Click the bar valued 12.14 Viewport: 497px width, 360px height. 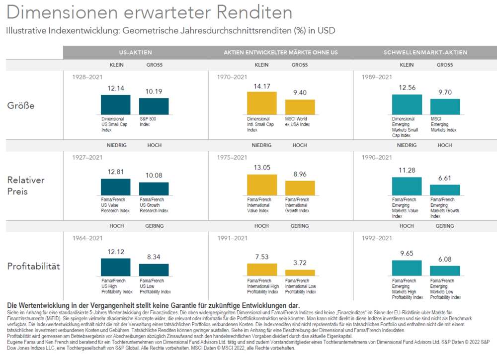tap(115, 104)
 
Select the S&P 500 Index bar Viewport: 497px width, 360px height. tap(154, 106)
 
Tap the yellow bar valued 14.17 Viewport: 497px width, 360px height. tap(261, 103)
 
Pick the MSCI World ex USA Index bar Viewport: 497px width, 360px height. tap(300, 107)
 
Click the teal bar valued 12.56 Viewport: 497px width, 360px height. tap(407, 104)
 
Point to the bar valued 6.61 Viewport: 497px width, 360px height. tap(445, 189)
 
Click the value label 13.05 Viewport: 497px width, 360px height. tap(261, 168)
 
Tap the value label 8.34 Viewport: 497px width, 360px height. tap(154, 257)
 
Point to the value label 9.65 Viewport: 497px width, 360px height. tap(407, 253)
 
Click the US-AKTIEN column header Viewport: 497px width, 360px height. tap(136, 52)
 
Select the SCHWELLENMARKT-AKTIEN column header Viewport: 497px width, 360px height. tap(425, 52)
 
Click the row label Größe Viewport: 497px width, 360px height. tap(20, 105)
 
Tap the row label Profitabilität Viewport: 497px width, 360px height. tap(33, 267)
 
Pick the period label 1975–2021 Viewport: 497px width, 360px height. tap(232, 158)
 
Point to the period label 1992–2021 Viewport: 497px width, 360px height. tap(377, 238)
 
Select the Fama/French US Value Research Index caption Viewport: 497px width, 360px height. tap(115, 205)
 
